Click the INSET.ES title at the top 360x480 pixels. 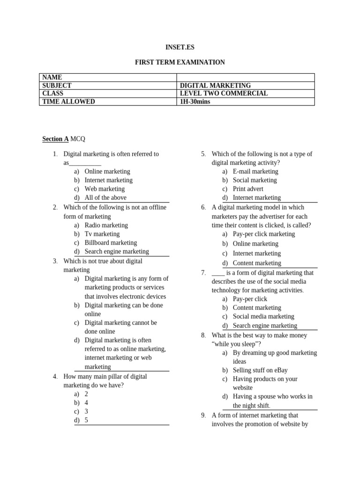[180, 47]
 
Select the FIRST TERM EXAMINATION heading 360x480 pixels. [180, 62]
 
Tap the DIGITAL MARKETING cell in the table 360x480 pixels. [215, 85]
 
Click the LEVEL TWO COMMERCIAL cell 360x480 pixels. [224, 93]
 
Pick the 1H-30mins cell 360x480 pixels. [195, 101]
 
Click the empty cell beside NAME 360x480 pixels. [245, 77]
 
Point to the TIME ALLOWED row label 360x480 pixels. [68, 101]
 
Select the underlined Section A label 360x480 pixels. [55, 139]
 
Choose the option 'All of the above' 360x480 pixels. [105, 198]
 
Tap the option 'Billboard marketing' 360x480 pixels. [111, 243]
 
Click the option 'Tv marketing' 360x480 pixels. [102, 234]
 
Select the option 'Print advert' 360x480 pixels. [248, 189]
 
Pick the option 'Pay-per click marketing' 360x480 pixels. [264, 234]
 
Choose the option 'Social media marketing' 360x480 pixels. [263, 316]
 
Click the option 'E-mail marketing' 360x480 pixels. [255, 172]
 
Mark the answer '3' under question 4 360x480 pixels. [86, 411]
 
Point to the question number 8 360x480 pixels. [203, 335]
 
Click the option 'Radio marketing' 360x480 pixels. [106, 225]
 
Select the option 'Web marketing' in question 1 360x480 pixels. [105, 189]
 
